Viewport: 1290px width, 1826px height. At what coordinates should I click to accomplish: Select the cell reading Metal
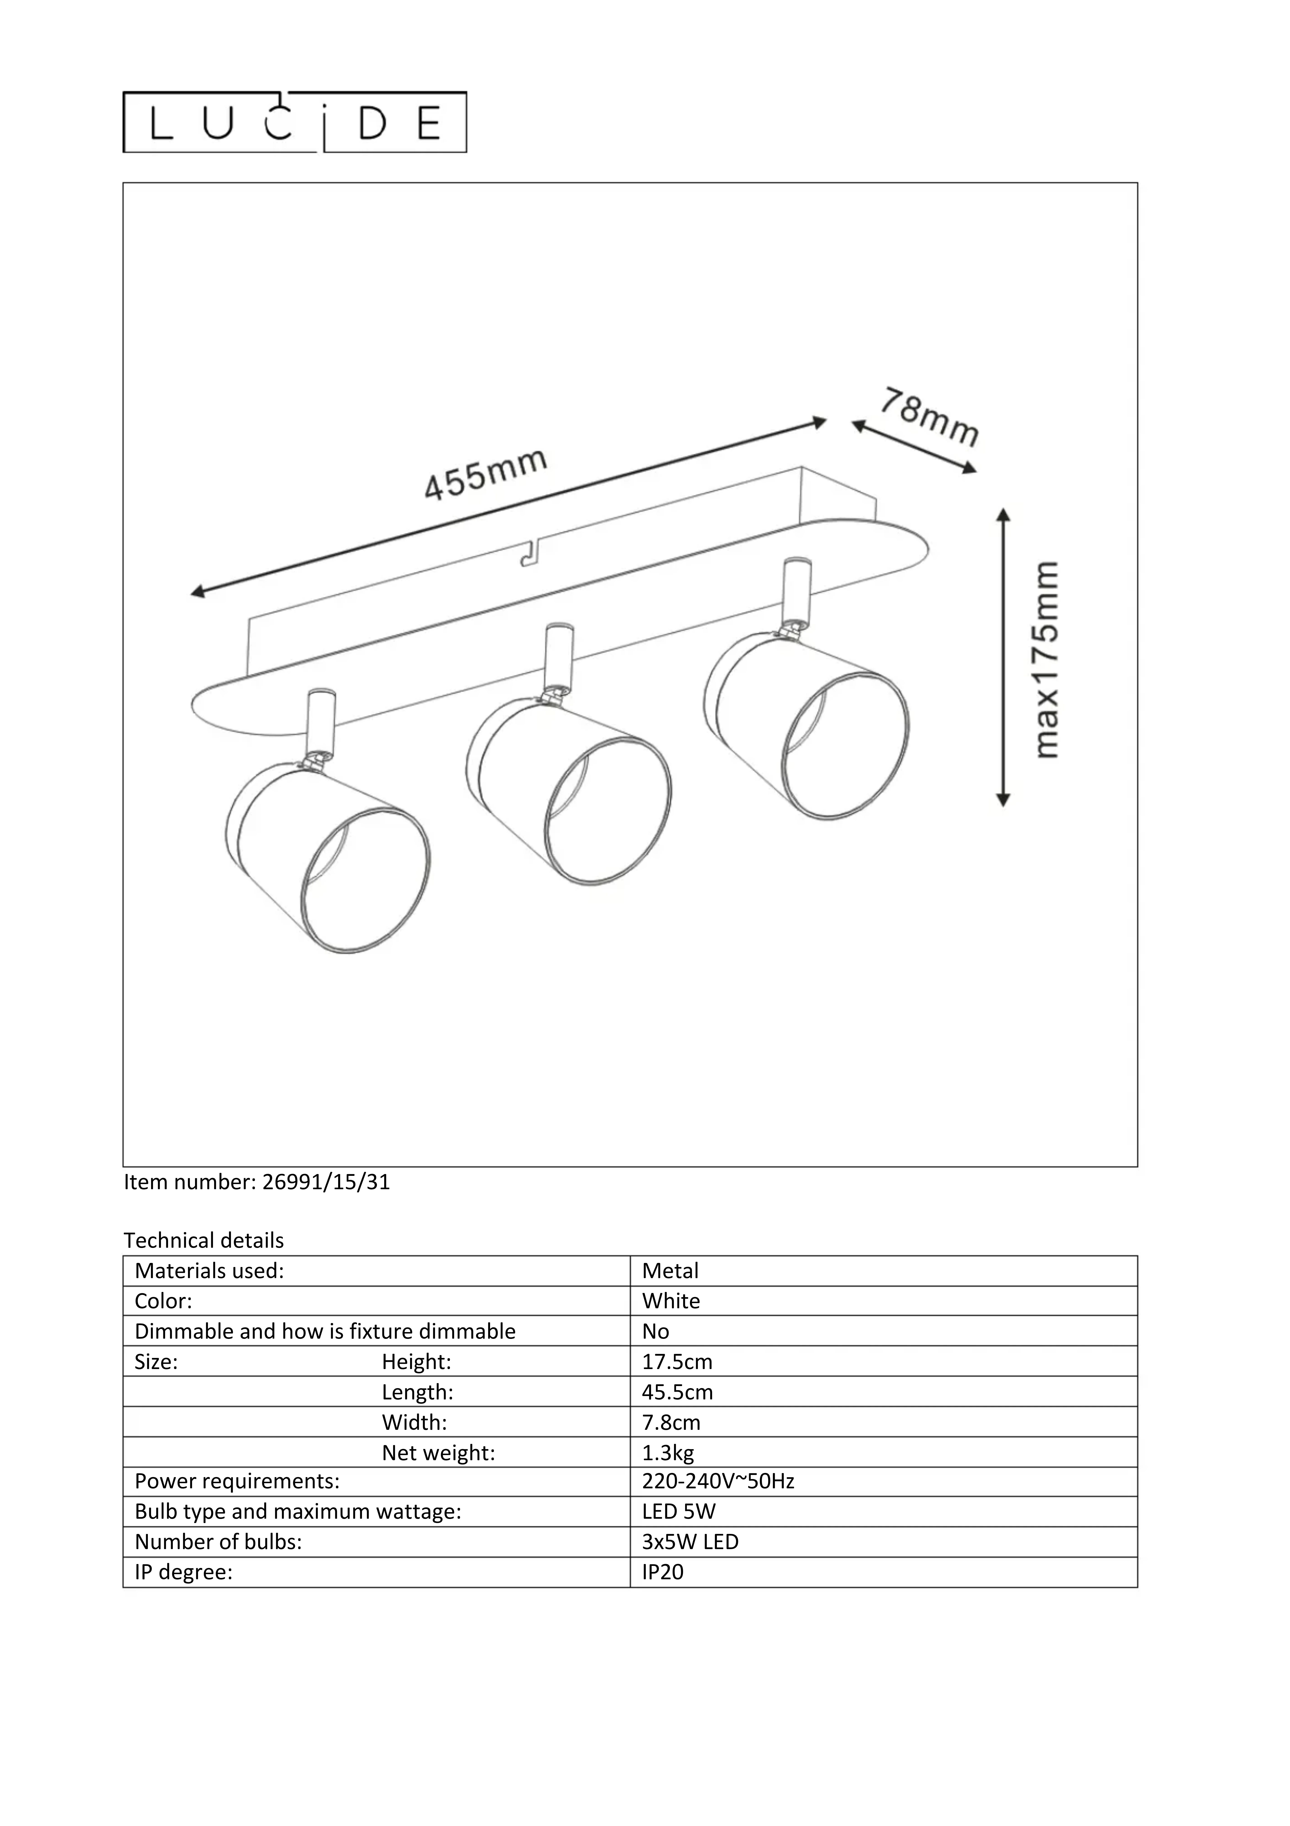click(x=670, y=1271)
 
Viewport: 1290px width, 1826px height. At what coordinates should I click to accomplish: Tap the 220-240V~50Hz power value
click(x=718, y=1481)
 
